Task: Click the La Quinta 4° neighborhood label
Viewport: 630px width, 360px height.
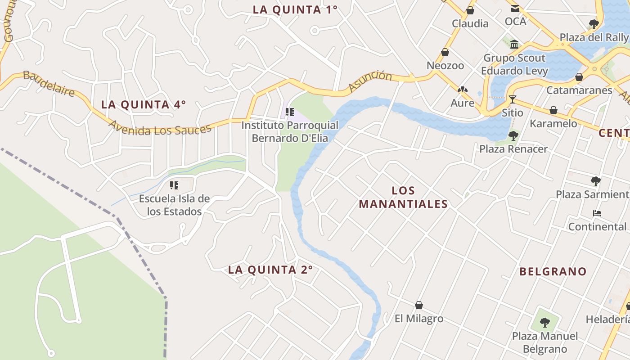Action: [x=143, y=104]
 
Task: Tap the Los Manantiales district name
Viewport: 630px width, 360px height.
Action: [x=403, y=197]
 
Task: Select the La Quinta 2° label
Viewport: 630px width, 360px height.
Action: [x=270, y=270]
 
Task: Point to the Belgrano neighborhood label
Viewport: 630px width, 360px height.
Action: [x=553, y=271]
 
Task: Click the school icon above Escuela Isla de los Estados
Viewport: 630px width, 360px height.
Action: [x=174, y=185]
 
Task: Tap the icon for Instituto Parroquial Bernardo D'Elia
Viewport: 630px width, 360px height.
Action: [x=289, y=112]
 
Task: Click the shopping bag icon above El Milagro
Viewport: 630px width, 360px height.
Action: [x=419, y=305]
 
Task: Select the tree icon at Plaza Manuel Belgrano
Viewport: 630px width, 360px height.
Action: [x=545, y=322]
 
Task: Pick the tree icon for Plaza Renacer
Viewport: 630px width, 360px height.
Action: [x=513, y=135]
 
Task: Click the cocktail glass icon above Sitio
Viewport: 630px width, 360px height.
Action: [x=512, y=99]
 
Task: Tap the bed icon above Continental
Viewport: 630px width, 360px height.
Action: [x=597, y=213]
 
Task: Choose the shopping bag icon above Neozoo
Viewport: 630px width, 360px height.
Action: [x=445, y=52]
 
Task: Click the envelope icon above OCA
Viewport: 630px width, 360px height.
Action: [x=515, y=8]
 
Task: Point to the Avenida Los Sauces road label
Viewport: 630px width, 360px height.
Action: [x=160, y=129]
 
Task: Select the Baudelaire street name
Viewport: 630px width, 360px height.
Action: [x=49, y=83]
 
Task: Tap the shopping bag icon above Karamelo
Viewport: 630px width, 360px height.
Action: [x=553, y=110]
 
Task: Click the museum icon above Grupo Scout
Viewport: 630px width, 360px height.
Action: [x=514, y=44]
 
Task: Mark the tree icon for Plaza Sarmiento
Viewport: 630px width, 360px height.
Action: [x=596, y=181]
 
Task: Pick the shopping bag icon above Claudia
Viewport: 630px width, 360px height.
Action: [x=470, y=10]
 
